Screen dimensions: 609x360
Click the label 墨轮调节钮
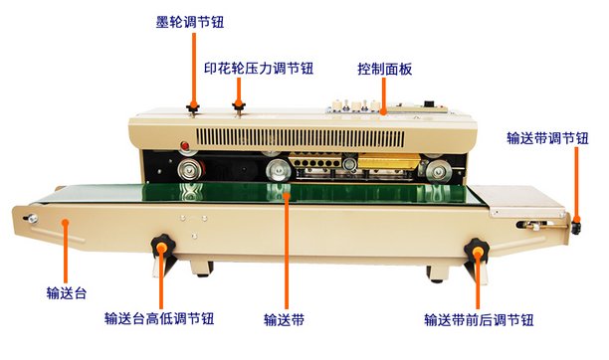point(189,22)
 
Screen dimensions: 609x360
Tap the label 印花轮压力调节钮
point(259,69)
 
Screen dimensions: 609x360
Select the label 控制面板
point(384,70)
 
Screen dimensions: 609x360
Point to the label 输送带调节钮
point(547,138)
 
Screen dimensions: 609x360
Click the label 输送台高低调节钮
point(159,319)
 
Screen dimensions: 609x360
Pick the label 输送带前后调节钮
point(479,320)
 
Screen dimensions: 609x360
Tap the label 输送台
point(67,292)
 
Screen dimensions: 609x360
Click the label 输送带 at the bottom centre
point(284,320)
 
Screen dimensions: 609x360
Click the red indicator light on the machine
point(185,146)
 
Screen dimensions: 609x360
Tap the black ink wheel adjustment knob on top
point(193,107)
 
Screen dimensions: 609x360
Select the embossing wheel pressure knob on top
point(239,105)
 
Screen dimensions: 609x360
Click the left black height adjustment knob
point(163,246)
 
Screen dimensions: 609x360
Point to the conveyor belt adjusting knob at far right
point(575,226)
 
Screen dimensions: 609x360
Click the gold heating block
point(388,161)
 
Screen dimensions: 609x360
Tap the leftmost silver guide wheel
point(190,169)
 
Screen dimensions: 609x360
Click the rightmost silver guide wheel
point(439,171)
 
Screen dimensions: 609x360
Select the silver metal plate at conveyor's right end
point(518,201)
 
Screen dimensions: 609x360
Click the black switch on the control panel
point(429,103)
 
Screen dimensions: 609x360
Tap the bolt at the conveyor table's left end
point(32,218)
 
